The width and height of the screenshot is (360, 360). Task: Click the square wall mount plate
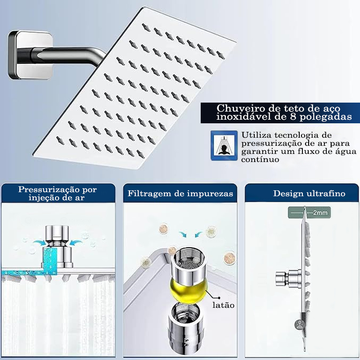click(30, 55)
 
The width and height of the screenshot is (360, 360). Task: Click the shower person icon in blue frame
click(224, 145)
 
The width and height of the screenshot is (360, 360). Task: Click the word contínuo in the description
click(260, 159)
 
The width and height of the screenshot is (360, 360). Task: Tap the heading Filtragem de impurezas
click(180, 193)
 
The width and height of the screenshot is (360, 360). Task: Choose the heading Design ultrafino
click(309, 193)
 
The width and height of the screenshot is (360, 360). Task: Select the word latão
click(223, 305)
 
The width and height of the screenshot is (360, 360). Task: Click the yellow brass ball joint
click(189, 290)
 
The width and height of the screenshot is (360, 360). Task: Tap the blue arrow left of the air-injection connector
click(39, 243)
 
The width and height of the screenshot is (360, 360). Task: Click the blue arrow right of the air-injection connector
click(76, 243)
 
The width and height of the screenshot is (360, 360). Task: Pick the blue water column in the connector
click(50, 260)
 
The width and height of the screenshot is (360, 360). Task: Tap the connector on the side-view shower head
click(289, 279)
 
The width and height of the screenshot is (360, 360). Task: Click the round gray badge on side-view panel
click(300, 324)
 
